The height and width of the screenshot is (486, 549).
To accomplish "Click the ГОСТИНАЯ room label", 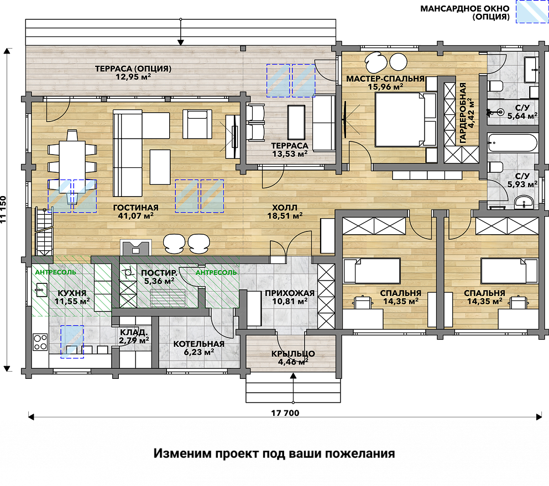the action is [136, 208].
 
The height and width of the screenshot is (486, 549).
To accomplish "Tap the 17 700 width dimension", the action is [285, 413].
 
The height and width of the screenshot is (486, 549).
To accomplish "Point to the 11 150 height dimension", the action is [3, 209].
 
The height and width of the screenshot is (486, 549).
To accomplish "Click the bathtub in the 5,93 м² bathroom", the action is [513, 142].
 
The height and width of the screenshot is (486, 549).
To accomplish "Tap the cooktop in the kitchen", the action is [40, 342].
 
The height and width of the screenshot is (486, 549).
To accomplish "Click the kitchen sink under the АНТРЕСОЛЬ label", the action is [41, 290].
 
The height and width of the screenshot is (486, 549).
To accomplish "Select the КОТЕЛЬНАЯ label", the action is [199, 344].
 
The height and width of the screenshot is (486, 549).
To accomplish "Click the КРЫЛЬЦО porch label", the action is [293, 354].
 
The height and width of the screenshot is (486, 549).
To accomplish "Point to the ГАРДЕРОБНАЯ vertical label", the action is [463, 113].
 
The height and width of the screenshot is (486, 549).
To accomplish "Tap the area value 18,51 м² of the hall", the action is [285, 216].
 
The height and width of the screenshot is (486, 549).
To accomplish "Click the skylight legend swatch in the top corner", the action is [532, 12].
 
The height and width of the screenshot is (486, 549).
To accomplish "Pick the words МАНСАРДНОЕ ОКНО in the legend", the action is [465, 8].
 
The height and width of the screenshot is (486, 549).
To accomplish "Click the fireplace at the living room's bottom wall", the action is [136, 247].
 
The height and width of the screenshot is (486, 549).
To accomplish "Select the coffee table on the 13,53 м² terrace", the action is [296, 123].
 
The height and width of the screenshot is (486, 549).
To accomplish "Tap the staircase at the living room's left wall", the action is [44, 231].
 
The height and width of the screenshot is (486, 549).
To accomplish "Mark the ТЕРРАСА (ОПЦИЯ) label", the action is [133, 68].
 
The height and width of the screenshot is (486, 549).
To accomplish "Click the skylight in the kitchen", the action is [72, 342].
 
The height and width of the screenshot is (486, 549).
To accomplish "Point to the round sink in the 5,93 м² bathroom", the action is [524, 202].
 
